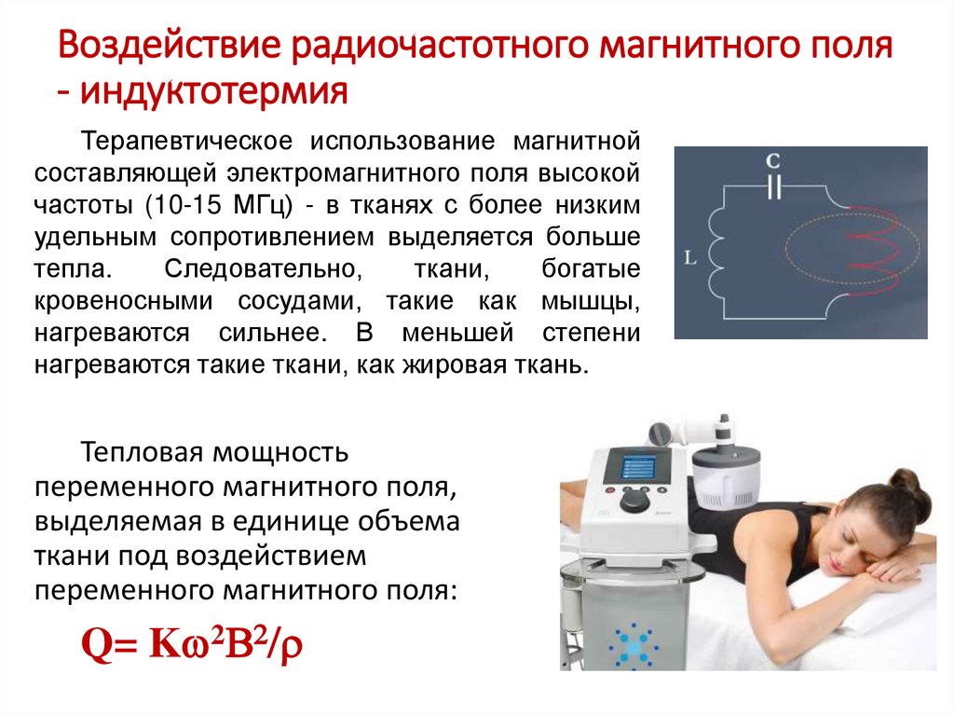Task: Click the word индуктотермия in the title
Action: tap(213, 92)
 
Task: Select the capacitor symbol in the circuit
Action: tap(772, 187)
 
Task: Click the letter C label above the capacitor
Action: tap(772, 161)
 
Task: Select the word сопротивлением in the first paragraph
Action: tap(272, 237)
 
